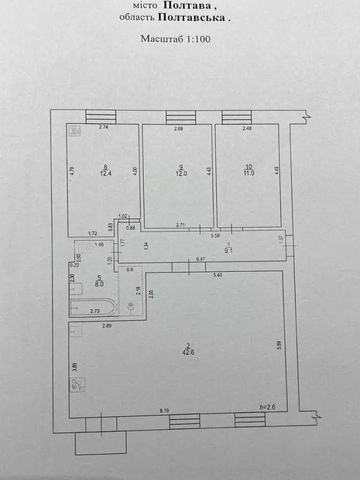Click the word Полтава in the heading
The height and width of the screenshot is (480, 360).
pyautogui.click(x=187, y=5)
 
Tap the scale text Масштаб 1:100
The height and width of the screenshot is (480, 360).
pyautogui.click(x=175, y=39)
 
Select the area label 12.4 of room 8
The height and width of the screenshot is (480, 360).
pyautogui.click(x=106, y=173)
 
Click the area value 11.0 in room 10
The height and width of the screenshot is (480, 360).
pyautogui.click(x=248, y=173)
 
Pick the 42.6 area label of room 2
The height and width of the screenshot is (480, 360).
pyautogui.click(x=188, y=352)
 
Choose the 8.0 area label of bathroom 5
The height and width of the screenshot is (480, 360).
pyautogui.click(x=99, y=284)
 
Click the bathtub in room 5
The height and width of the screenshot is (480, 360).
pyautogui.click(x=93, y=307)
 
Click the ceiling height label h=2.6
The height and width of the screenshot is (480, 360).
pyautogui.click(x=267, y=407)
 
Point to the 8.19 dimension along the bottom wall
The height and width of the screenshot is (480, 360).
pyautogui.click(x=165, y=411)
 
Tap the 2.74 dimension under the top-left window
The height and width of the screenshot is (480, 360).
pyautogui.click(x=104, y=127)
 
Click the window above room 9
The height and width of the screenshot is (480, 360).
pyautogui.click(x=181, y=118)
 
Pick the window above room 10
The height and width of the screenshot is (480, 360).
pyautogui.click(x=237, y=117)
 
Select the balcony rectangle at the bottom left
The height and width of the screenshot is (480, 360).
pyautogui.click(x=101, y=443)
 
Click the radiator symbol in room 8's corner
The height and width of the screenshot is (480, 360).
pyautogui.click(x=75, y=131)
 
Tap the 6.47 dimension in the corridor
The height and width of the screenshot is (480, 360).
pyautogui.click(x=201, y=259)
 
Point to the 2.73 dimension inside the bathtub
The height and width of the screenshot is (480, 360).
pyautogui.click(x=95, y=311)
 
